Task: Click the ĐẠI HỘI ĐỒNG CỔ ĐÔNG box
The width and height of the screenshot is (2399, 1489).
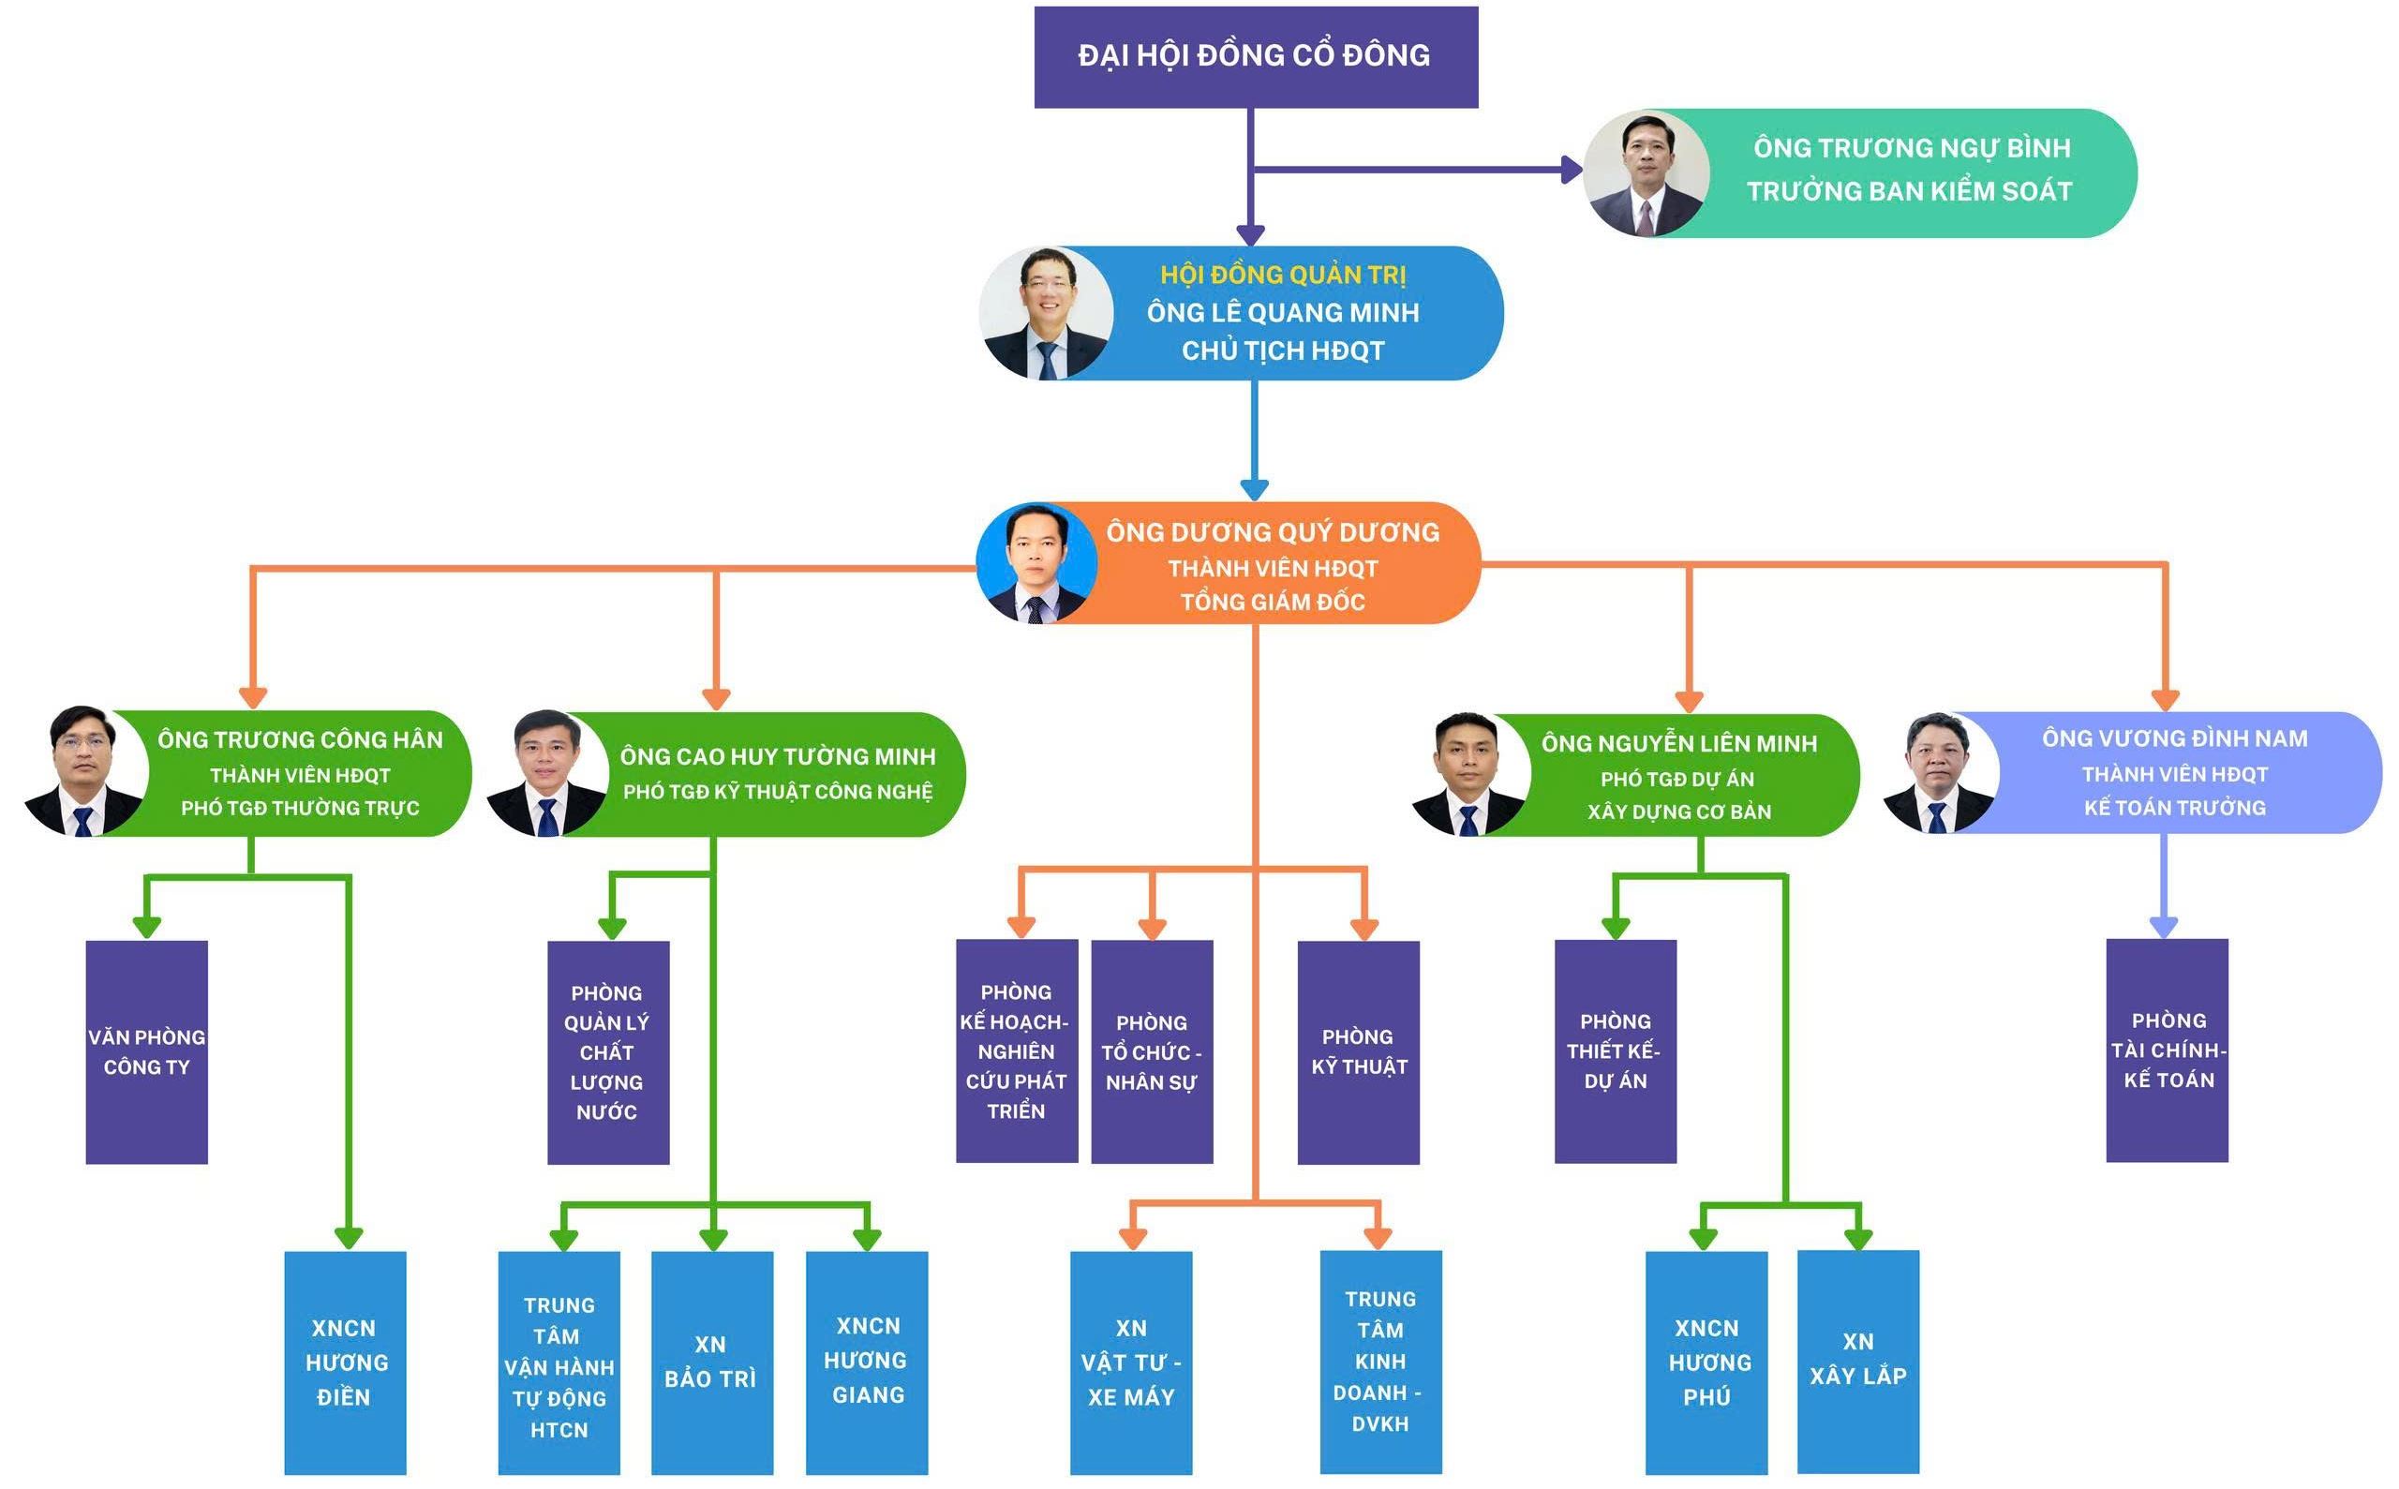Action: tap(1256, 56)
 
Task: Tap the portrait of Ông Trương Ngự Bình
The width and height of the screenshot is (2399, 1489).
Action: tap(1647, 172)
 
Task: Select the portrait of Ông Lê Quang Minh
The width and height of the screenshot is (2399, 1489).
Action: tap(1046, 313)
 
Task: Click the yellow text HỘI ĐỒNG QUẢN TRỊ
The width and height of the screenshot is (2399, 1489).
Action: tap(1282, 275)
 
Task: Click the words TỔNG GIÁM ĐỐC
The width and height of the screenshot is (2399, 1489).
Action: tap(1273, 602)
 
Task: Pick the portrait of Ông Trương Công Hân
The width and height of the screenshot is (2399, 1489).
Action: tap(85, 771)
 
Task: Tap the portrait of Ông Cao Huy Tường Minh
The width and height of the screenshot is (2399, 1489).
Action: tap(547, 773)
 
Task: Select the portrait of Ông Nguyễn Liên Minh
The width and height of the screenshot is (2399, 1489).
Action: tap(1469, 774)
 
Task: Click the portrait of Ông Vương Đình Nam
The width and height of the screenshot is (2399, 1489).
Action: tap(1940, 772)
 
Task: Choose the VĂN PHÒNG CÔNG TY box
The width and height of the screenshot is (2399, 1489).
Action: tap(147, 1051)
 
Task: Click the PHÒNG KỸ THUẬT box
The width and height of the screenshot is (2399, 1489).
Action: tap(1358, 1051)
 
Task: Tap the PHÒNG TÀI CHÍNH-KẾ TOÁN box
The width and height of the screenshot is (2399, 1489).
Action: tap(2167, 1050)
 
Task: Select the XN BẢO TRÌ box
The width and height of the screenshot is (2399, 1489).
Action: tap(712, 1362)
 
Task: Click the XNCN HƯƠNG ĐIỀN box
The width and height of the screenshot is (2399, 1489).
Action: tap(345, 1362)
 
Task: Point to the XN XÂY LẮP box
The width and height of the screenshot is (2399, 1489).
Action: tap(1858, 1361)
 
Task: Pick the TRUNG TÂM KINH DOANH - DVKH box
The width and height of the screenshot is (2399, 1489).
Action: tap(1380, 1362)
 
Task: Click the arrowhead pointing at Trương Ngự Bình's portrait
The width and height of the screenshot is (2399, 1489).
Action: tap(1572, 170)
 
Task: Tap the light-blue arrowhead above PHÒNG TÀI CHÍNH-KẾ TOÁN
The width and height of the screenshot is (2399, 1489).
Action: tap(2164, 927)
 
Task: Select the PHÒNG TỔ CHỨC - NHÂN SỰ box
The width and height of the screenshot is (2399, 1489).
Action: tap(1153, 1051)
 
